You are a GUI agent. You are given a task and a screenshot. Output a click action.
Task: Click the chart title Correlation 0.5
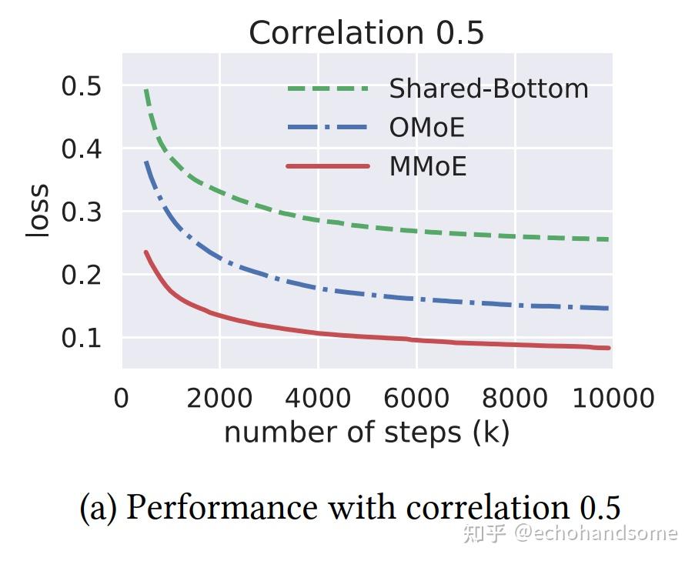[x=366, y=33]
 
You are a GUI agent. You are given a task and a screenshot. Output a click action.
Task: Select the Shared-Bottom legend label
[x=488, y=89]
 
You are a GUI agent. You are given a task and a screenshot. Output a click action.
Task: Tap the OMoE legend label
[x=426, y=128]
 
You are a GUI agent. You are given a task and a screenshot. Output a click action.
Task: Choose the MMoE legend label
[x=427, y=166]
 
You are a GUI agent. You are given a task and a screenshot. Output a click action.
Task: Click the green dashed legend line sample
[x=327, y=89]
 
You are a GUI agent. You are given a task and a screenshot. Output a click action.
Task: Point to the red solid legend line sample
[x=327, y=166]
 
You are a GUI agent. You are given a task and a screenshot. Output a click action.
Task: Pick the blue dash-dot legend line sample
[x=327, y=128]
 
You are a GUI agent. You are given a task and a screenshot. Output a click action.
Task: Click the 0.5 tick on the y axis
[x=81, y=86]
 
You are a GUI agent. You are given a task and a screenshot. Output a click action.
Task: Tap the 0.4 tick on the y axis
[x=81, y=149]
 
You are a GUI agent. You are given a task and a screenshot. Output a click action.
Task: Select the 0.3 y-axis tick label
[x=81, y=212]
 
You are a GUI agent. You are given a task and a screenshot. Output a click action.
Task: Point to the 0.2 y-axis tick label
[x=81, y=275]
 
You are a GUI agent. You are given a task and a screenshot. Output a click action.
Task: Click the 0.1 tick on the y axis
[x=81, y=338]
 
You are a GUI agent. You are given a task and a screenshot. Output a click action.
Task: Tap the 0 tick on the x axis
[x=122, y=398]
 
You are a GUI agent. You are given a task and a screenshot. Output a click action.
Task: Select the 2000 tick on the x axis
[x=219, y=398]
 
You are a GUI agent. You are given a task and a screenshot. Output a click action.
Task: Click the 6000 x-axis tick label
[x=416, y=398]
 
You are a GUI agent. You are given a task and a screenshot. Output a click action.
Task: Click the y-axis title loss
[x=38, y=211]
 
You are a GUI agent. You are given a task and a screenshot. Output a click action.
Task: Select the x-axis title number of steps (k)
[x=366, y=432]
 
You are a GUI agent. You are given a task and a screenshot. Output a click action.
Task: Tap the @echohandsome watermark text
[x=596, y=533]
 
